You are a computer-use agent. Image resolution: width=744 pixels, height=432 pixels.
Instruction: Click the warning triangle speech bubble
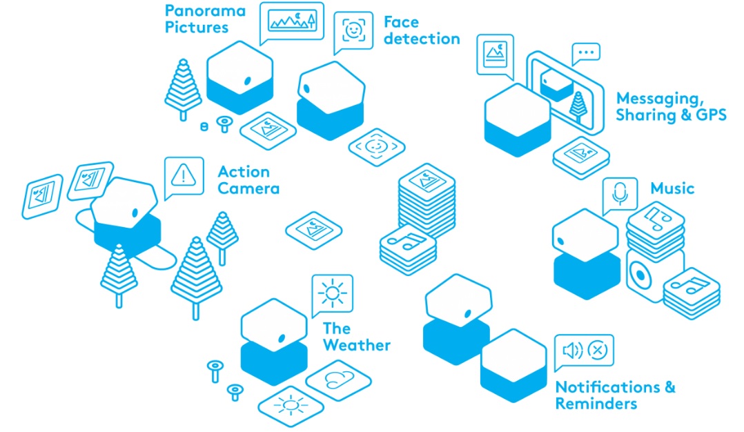point(184,177)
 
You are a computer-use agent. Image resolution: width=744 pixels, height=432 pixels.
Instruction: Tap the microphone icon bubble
point(620,195)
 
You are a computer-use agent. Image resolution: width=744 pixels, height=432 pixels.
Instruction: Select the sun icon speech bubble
point(332,294)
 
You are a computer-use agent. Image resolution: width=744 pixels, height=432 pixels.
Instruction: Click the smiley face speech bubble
point(353,31)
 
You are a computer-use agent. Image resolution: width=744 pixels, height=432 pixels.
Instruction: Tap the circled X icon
point(598,350)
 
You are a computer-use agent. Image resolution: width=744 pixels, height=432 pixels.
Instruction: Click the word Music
point(672,188)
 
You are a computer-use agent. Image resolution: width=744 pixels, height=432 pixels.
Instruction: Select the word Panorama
point(205,10)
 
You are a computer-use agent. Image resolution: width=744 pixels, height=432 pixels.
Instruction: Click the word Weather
point(357,345)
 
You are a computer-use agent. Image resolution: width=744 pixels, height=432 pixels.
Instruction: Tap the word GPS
point(709,115)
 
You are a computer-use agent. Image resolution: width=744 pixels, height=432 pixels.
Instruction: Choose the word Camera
point(248,188)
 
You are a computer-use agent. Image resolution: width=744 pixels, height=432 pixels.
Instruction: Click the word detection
point(422,39)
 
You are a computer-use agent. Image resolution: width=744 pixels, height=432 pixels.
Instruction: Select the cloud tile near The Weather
point(338,380)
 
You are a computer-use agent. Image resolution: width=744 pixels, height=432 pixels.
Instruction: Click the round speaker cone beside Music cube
point(641,275)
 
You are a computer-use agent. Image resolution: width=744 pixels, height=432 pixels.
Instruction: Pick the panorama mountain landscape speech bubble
point(292,22)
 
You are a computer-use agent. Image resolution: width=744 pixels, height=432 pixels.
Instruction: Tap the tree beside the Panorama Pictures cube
point(183,89)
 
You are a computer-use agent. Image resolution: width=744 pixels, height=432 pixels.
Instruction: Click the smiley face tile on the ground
point(376,147)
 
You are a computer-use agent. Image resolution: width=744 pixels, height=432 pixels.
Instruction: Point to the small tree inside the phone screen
point(578,107)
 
